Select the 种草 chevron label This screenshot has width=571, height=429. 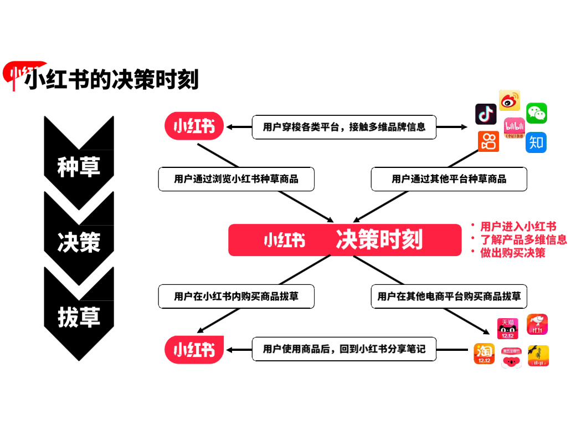[x=79, y=166]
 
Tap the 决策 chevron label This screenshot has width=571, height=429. [x=79, y=242]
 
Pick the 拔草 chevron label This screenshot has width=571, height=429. [x=79, y=317]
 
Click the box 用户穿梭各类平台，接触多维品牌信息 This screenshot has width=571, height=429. [x=344, y=127]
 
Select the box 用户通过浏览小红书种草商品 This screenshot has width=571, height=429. [x=236, y=179]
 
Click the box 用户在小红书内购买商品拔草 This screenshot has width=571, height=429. [x=236, y=297]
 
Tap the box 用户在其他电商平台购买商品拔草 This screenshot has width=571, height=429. [x=449, y=297]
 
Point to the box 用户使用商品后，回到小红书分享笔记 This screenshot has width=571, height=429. [x=344, y=349]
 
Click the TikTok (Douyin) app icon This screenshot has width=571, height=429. [x=486, y=114]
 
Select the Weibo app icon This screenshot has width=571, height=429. [x=509, y=100]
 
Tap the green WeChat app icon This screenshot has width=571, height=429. [x=536, y=113]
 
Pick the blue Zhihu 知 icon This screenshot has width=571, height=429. [x=536, y=142]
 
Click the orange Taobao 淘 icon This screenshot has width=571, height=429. [x=483, y=354]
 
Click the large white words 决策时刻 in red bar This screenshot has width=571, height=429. [x=379, y=240]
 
